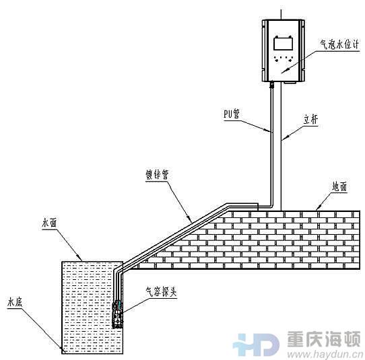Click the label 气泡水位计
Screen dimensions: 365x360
click(339, 44)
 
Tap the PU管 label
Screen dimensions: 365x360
click(232, 114)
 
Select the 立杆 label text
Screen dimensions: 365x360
click(310, 120)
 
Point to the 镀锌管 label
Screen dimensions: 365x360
click(157, 174)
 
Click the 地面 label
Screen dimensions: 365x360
click(340, 186)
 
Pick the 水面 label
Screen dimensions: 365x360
click(49, 223)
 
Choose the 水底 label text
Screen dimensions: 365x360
click(15, 303)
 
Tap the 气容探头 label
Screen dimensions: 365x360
click(162, 292)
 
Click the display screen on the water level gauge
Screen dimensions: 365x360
click(283, 44)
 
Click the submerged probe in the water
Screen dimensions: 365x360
click(118, 314)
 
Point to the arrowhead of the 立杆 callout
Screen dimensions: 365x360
click(285, 137)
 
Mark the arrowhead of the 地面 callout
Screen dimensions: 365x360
click(319, 207)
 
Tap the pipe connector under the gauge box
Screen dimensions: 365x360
click(271, 84)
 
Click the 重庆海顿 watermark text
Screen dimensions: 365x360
click(324, 339)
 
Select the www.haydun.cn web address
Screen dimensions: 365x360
click(325, 355)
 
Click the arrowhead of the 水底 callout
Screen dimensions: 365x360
click(61, 348)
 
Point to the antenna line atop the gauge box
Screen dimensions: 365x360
click(282, 15)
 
